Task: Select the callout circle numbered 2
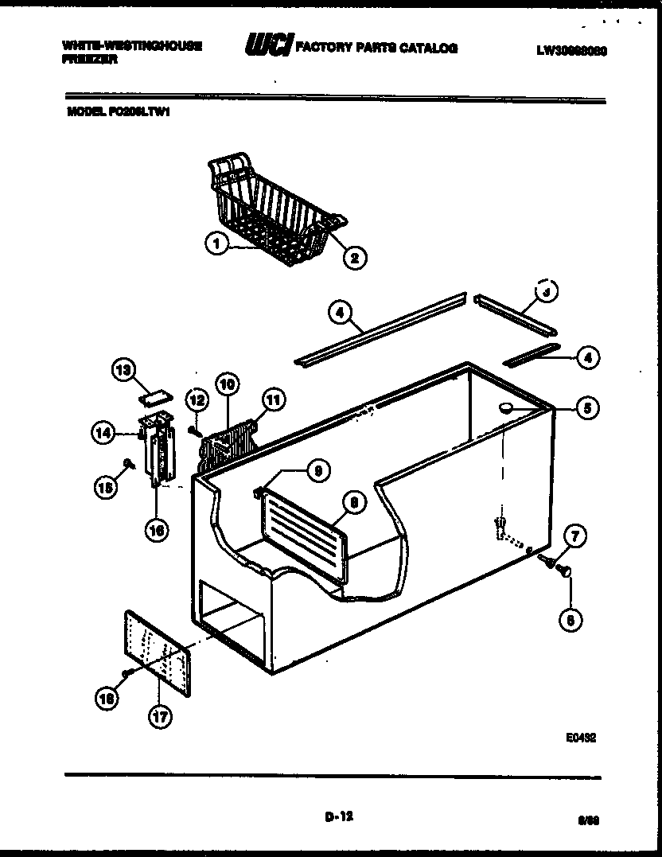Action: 353,256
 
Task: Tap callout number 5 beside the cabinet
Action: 587,409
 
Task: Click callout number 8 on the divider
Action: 353,501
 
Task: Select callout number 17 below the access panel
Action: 161,715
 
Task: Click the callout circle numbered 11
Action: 275,401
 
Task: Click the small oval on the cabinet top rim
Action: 504,407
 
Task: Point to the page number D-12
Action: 338,815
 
